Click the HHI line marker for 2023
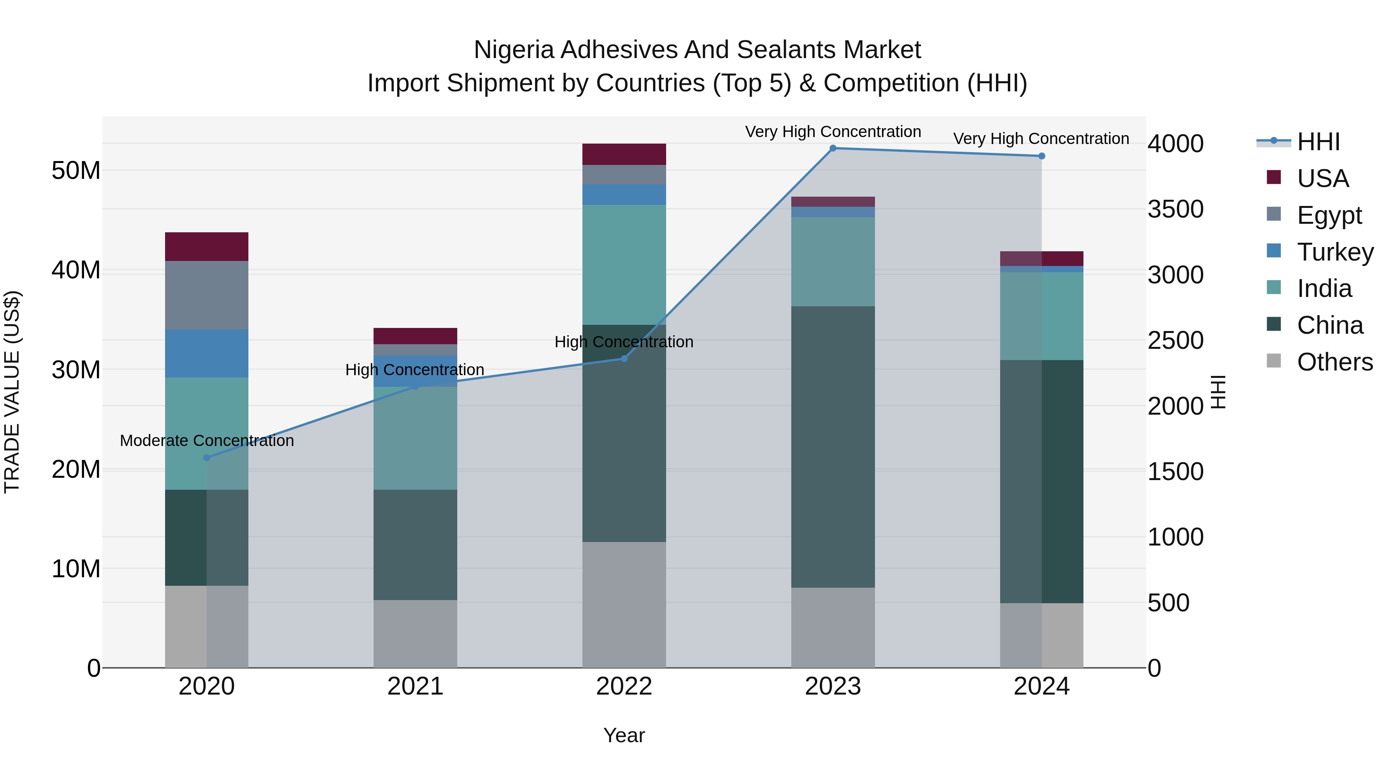point(833,148)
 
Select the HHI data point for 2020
point(206,458)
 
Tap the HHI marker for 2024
point(1041,156)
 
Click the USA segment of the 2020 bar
point(206,247)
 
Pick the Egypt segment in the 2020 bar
point(206,295)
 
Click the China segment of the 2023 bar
point(833,447)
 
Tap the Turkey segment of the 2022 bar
point(624,195)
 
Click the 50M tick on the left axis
point(76,171)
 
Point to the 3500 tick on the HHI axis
point(1175,209)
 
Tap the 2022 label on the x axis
point(624,686)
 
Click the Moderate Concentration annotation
point(206,441)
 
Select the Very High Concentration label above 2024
point(1041,139)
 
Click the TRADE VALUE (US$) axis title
point(12,392)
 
